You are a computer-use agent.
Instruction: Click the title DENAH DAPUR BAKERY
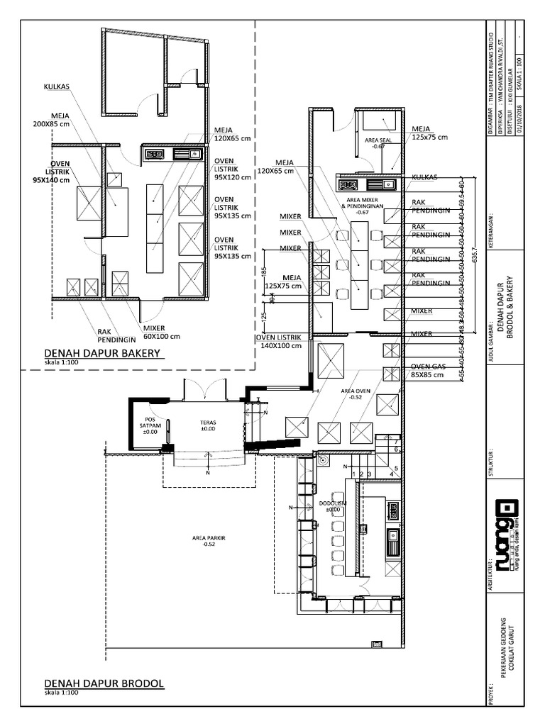pos(104,352)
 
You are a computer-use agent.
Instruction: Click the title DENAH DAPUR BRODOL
pos(104,683)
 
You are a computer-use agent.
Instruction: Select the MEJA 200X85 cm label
pos(70,119)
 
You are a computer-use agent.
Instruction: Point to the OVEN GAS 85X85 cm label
pos(429,371)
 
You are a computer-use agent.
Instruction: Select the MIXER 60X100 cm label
pos(162,333)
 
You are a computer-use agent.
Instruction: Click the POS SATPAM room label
pos(150,425)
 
